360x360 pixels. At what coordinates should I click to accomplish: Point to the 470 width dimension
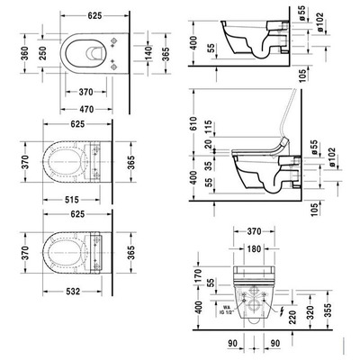(x=85, y=107)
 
